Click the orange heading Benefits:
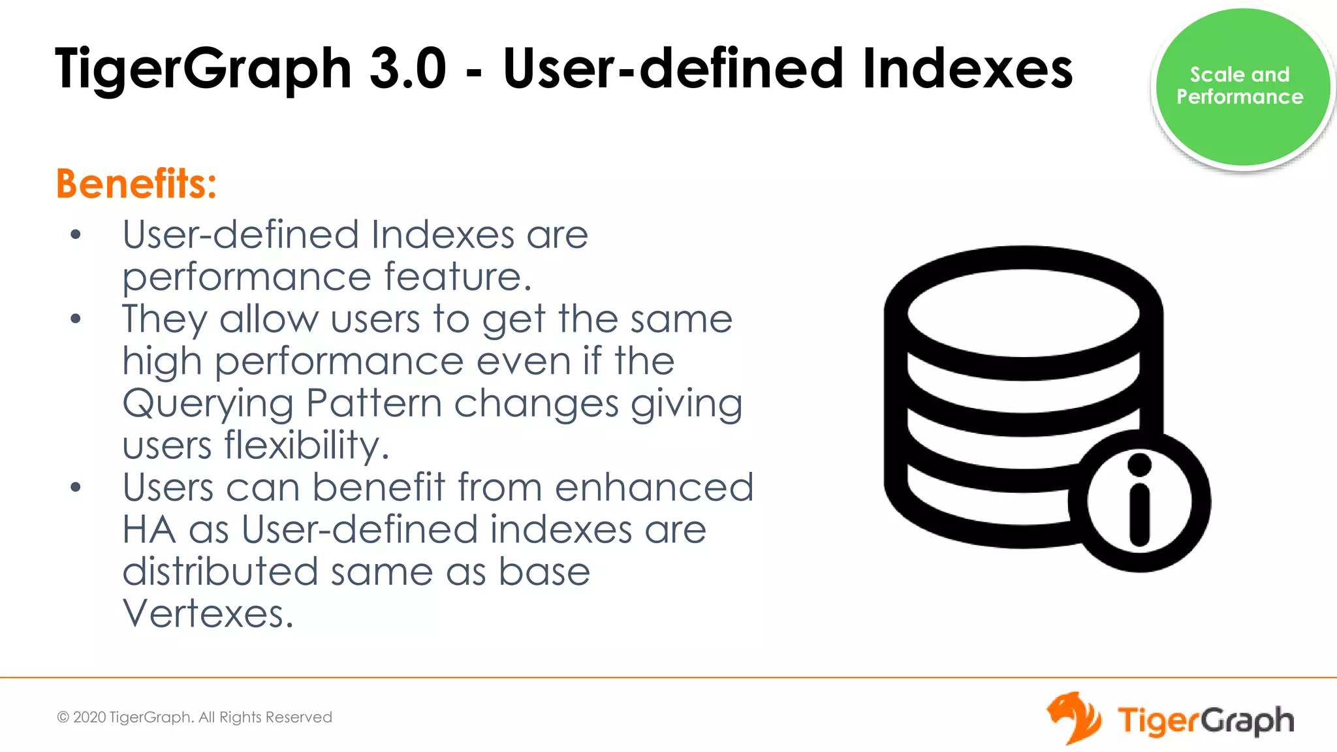click(136, 184)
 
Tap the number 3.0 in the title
click(407, 69)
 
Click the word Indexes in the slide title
click(967, 69)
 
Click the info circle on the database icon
click(1139, 501)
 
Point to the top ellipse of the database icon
click(1023, 313)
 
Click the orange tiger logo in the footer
click(1073, 718)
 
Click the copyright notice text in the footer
click(195, 717)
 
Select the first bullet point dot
click(76, 235)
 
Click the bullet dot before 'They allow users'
click(76, 319)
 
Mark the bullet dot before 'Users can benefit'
click(76, 488)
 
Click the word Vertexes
click(208, 614)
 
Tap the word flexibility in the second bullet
click(306, 446)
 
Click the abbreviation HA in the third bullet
click(149, 529)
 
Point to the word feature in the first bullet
click(457, 277)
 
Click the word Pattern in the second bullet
click(374, 403)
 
